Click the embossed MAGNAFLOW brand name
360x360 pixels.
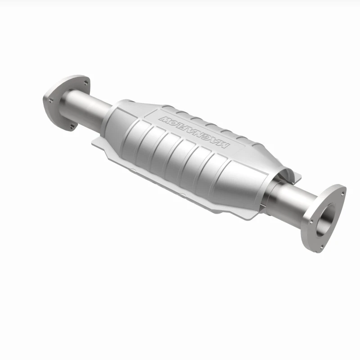click(193, 130)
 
